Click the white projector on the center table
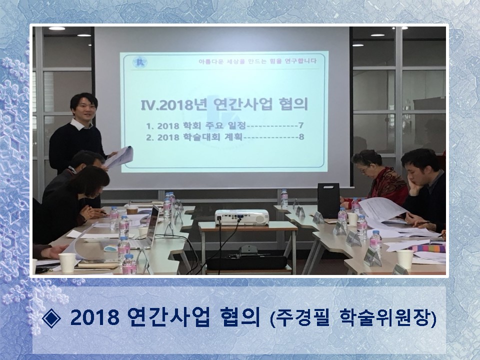click(241, 217)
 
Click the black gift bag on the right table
click(328, 200)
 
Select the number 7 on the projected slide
click(301, 125)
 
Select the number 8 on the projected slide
click(301, 137)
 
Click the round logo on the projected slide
click(140, 62)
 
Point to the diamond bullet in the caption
click(51, 318)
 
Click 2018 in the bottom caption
click(94, 318)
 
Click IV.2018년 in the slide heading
click(173, 104)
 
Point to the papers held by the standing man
click(119, 156)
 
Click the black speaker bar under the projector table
click(246, 263)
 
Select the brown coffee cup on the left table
click(132, 210)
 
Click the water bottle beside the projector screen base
click(284, 198)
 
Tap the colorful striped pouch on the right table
click(429, 248)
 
